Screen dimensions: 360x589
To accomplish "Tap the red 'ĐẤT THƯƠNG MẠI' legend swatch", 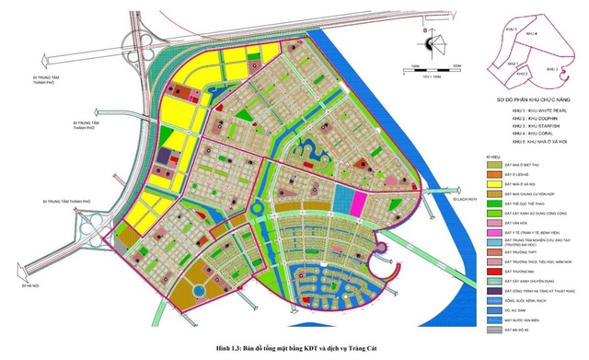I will [x=491, y=273].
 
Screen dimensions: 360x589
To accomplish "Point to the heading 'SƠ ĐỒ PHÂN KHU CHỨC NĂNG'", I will [x=529, y=98].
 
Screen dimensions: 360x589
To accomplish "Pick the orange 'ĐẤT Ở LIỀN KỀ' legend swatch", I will [x=491, y=173].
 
